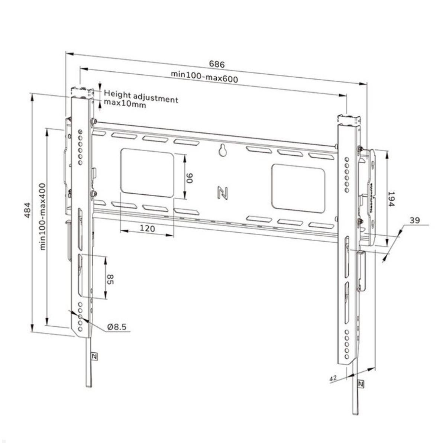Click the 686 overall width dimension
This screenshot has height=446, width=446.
[217, 64]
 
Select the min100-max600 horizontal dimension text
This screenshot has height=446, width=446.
[204, 76]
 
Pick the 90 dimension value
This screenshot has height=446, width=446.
[190, 177]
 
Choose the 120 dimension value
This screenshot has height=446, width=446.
[147, 228]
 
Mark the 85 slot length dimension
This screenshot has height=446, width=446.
[110, 279]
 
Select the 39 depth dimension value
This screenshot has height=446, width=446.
[415, 220]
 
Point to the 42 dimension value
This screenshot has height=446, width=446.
[333, 378]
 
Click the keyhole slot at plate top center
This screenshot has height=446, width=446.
[223, 150]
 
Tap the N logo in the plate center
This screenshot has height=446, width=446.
[222, 192]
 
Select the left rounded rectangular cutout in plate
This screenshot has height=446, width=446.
[147, 172]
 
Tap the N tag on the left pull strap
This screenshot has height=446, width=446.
[94, 356]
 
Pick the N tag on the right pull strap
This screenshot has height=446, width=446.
[360, 384]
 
